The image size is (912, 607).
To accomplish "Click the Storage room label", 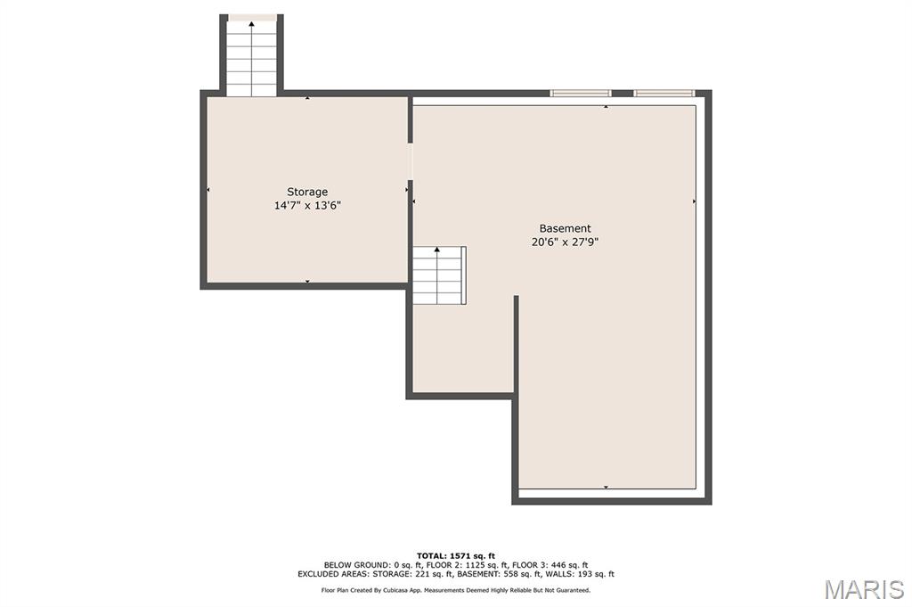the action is [x=307, y=192].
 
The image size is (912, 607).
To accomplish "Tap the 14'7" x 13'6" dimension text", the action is [x=307, y=205].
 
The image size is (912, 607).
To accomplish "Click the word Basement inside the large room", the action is [x=565, y=228].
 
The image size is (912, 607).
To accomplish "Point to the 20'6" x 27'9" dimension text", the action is [x=565, y=242].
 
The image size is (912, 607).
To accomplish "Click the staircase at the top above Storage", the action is [x=251, y=56].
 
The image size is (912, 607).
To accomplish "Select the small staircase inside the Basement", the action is [x=439, y=275].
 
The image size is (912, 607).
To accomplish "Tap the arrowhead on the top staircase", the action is [x=251, y=24].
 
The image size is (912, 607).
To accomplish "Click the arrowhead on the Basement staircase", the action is [x=436, y=250].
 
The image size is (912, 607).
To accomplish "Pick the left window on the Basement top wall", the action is [x=581, y=93].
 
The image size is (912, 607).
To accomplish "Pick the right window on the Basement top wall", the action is [x=664, y=93].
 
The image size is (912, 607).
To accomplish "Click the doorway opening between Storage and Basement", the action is [x=410, y=161].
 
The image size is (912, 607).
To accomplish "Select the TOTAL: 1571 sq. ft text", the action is [x=456, y=556].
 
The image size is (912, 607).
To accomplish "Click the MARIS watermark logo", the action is [x=864, y=589].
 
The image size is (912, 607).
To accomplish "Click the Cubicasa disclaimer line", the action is [x=456, y=590].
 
